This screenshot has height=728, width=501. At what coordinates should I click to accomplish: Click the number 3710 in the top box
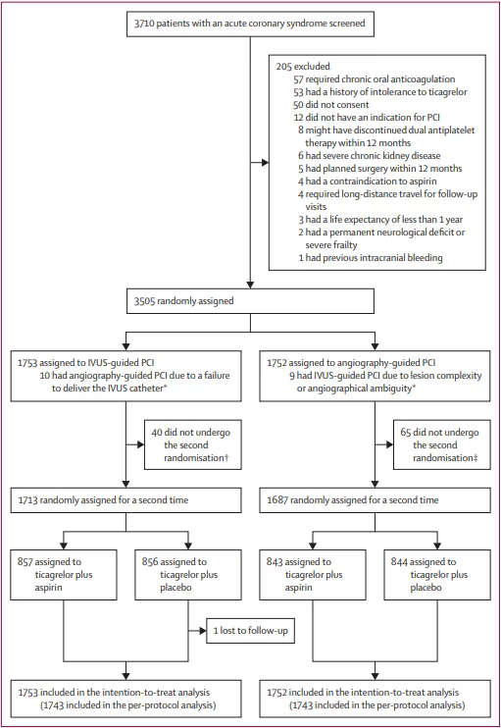click(x=144, y=24)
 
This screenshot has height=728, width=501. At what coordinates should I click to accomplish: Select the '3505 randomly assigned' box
click(x=251, y=301)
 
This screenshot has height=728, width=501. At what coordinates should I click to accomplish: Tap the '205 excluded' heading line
click(x=303, y=67)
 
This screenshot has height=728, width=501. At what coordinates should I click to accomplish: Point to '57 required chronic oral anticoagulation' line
click(x=374, y=79)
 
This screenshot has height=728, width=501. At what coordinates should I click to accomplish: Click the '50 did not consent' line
click(x=331, y=105)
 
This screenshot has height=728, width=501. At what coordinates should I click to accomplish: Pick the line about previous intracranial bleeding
click(x=371, y=258)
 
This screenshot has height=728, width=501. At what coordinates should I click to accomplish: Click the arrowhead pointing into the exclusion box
click(x=265, y=163)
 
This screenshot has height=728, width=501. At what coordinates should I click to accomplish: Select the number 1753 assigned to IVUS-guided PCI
click(x=27, y=363)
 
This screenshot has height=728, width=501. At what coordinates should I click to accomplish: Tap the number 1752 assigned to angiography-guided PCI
click(x=276, y=363)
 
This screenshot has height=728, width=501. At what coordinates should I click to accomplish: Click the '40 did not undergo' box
click(x=193, y=444)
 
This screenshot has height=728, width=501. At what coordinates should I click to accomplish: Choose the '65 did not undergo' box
click(x=442, y=444)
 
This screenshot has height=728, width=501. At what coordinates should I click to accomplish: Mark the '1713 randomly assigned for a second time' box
click(x=125, y=500)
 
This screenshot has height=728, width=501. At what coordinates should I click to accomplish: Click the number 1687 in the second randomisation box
click(x=276, y=500)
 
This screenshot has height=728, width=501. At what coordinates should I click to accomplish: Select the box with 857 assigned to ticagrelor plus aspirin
click(x=64, y=575)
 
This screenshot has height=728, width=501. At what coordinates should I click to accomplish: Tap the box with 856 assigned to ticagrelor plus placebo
click(x=188, y=575)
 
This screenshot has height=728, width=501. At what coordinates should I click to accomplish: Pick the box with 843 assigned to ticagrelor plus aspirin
click(x=313, y=575)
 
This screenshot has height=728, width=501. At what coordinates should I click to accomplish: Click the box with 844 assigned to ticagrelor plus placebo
click(x=437, y=575)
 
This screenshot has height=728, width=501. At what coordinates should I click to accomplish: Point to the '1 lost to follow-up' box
click(x=251, y=631)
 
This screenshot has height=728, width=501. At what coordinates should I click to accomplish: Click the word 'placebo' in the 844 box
click(x=426, y=588)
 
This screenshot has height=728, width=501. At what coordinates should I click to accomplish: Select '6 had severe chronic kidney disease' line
click(x=370, y=156)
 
